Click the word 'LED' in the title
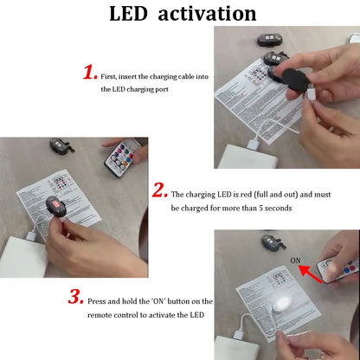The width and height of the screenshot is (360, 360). coord(132,14)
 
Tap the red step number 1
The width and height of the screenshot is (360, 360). coord(89,72)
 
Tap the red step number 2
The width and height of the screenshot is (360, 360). coord(159,190)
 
